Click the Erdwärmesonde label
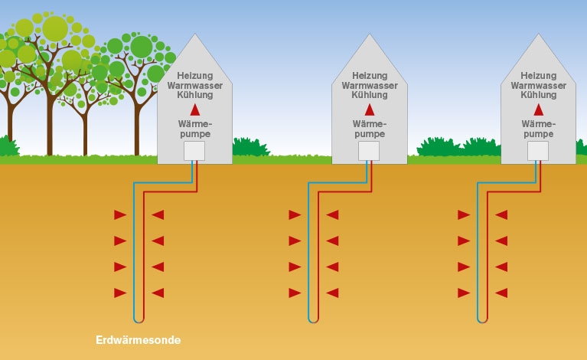(139, 339)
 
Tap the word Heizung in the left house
(195, 76)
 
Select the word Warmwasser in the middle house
(369, 86)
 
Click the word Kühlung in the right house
(538, 95)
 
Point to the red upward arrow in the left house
(195, 110)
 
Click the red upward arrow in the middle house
(369, 110)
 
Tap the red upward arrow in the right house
(538, 110)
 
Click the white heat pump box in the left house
(195, 151)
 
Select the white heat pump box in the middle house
(369, 151)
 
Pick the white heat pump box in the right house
(538, 151)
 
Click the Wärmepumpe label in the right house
(538, 129)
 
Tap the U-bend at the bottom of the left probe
(139, 319)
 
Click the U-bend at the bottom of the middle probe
(313, 319)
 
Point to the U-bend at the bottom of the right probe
(482, 319)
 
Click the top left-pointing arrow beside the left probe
(158, 215)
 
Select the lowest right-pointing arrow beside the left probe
(119, 293)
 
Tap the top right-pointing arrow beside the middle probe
(295, 215)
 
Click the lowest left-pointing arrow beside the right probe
(501, 293)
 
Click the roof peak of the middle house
(369, 35)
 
